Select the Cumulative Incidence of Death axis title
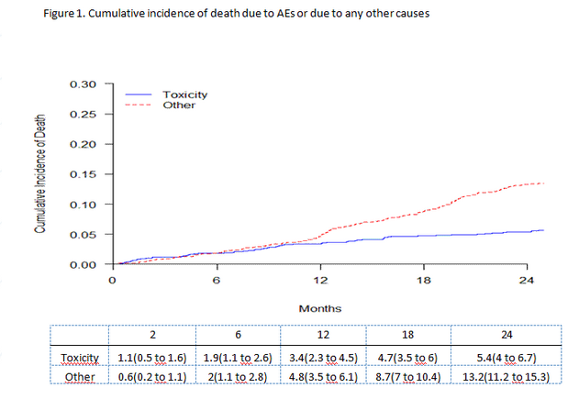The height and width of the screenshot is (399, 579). [41, 174]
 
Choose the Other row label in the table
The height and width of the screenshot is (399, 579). [79, 376]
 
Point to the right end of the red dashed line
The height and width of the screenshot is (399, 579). [544, 183]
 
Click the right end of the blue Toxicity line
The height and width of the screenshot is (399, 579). [544, 230]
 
